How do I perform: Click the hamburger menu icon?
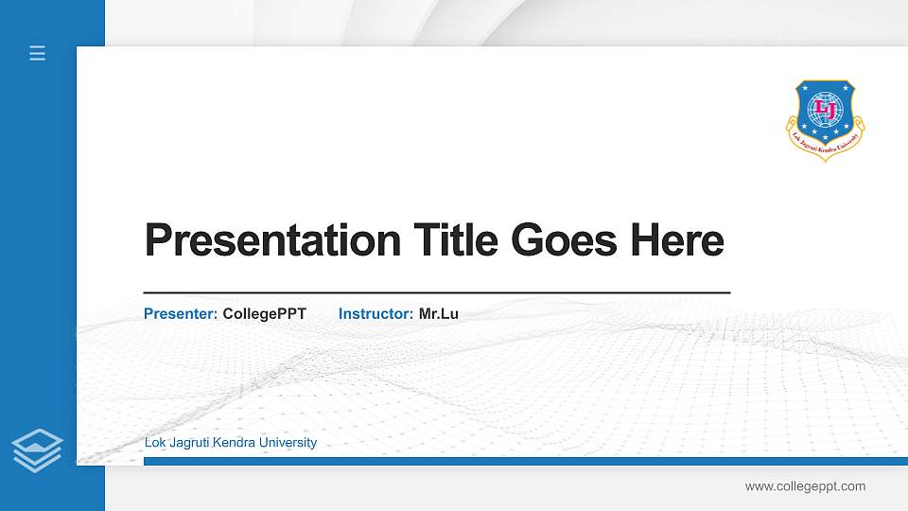[x=38, y=53]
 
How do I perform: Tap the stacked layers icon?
[x=38, y=449]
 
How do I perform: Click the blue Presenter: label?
[x=181, y=313]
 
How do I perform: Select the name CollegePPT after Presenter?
[x=265, y=313]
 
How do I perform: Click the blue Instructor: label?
[x=375, y=313]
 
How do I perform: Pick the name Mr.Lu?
[x=439, y=313]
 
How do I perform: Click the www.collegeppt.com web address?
[x=805, y=486]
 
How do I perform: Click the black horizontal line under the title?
[x=436, y=293]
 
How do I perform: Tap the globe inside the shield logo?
[x=826, y=107]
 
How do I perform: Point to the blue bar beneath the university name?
[x=520, y=461]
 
